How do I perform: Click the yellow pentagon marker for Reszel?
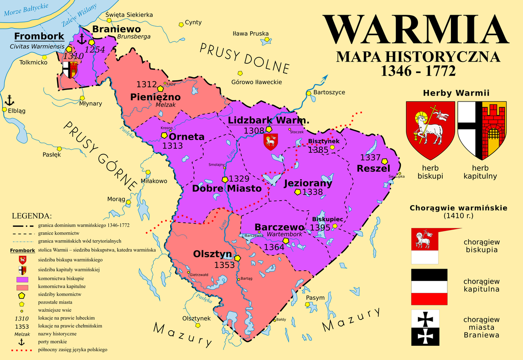point(385,162)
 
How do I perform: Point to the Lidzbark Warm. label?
point(268,120)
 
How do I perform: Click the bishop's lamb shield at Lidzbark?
point(270,141)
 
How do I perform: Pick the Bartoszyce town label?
point(329,92)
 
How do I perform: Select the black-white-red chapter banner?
point(429,287)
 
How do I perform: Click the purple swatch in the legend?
point(22,279)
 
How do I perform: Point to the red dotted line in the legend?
point(22,350)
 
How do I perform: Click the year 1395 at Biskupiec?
point(320,227)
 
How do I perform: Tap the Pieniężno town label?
point(156,97)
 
